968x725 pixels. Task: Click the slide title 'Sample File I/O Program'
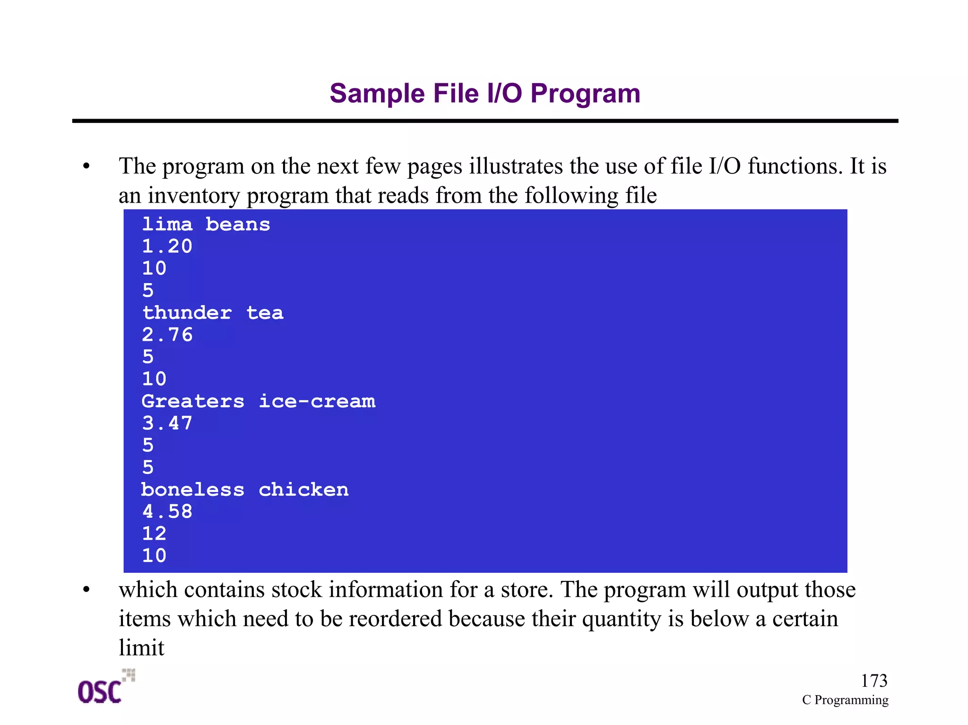point(485,93)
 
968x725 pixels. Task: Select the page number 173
point(873,681)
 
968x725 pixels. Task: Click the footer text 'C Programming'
point(845,700)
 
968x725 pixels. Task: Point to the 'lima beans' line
point(206,224)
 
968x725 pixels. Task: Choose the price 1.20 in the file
point(167,246)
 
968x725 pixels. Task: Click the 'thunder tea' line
point(213,313)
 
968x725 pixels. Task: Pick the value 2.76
point(167,335)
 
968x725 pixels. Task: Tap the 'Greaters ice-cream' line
point(259,401)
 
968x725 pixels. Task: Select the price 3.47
point(167,423)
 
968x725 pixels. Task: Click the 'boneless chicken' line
point(245,490)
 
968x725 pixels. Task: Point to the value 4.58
point(167,511)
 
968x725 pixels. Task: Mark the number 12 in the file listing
point(155,534)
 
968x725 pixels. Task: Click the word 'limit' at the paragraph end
point(141,648)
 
